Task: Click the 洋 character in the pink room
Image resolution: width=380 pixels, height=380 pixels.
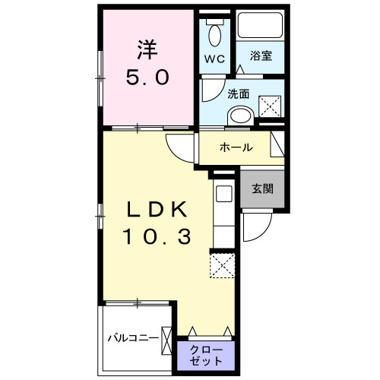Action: pos(147,49)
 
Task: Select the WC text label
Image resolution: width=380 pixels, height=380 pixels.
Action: pos(214,59)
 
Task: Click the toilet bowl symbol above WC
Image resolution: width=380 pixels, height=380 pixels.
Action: pos(214,34)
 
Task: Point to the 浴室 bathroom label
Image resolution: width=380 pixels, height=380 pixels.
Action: pos(261,55)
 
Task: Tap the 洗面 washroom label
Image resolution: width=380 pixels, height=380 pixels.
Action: pos(239,94)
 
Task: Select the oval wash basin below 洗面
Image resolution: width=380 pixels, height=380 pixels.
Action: pos(241,116)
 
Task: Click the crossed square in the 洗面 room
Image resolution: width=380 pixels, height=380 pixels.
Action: pos(270,106)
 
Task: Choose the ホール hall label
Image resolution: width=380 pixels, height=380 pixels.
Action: pos(236,147)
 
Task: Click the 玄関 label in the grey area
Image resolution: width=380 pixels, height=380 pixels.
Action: pos(263,188)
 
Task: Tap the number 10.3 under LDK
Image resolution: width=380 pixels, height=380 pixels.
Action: pos(158,236)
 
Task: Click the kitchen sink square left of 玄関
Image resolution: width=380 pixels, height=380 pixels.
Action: pos(224,193)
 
